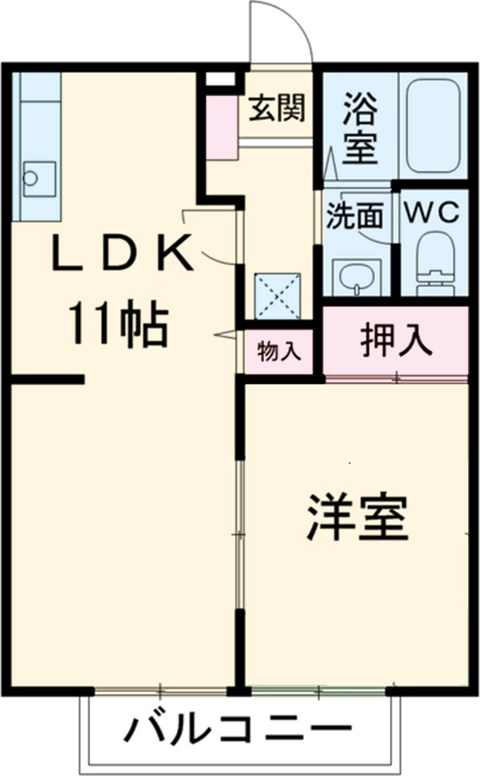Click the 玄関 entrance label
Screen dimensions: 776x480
click(x=276, y=109)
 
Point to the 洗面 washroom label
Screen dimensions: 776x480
click(x=354, y=216)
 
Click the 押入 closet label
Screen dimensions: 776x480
click(x=396, y=340)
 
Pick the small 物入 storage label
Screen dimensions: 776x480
click(x=278, y=352)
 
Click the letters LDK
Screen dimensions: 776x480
click(x=122, y=254)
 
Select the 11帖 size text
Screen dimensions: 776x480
click(x=118, y=324)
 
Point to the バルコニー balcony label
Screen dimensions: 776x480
click(x=239, y=730)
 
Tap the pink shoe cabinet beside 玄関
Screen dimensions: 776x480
click(x=222, y=128)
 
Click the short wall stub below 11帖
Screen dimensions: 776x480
click(x=48, y=379)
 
